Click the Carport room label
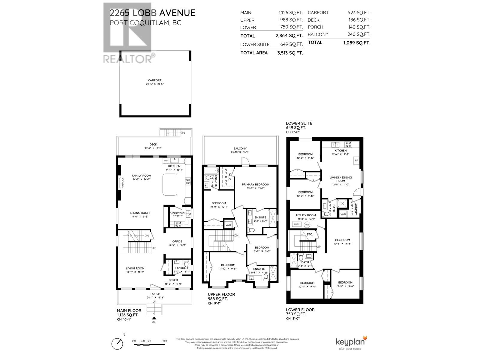click(154, 80)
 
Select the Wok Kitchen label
click(178, 213)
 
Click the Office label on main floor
click(177, 241)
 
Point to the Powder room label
click(181, 268)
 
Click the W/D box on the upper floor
click(228, 225)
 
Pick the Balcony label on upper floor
click(240, 148)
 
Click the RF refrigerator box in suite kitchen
click(356, 160)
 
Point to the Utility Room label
click(306, 215)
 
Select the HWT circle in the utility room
click(307, 224)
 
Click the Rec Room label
click(342, 240)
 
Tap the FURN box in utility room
click(296, 224)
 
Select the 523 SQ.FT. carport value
click(359, 13)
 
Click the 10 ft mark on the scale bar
click(164, 341)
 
